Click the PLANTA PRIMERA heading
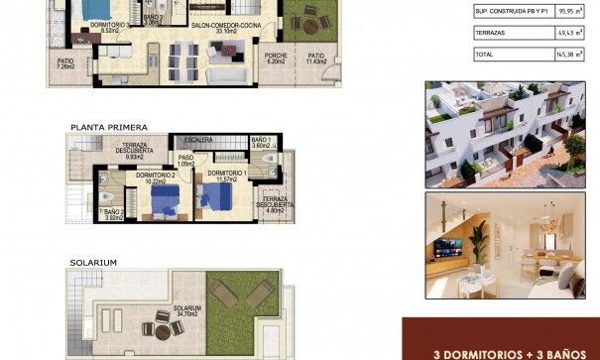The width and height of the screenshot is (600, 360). pyautogui.click(x=108, y=127)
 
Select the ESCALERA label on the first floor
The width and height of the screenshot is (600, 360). pyautogui.click(x=198, y=140)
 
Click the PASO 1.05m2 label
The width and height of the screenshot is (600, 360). pyautogui.click(x=185, y=161)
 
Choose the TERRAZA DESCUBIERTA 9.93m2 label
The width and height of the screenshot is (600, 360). pyautogui.click(x=134, y=150)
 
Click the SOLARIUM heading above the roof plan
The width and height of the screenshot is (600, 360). pyautogui.click(x=93, y=263)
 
